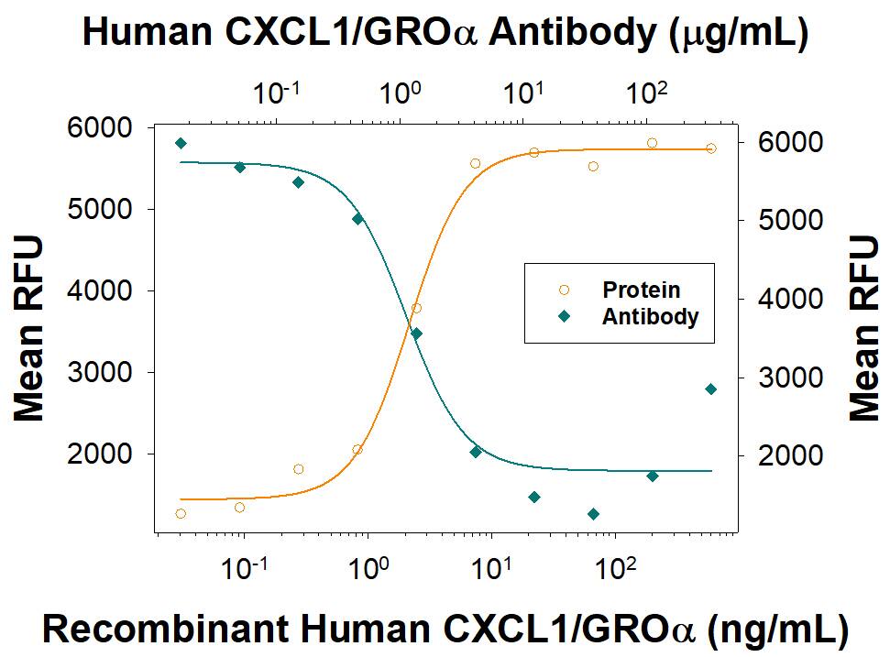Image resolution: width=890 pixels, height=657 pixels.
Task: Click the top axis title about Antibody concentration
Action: (x=445, y=32)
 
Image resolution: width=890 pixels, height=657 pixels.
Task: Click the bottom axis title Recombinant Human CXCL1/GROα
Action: (x=445, y=630)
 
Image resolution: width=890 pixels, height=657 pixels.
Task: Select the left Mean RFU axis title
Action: (x=29, y=328)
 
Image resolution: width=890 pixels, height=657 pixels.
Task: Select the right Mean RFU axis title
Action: (x=863, y=328)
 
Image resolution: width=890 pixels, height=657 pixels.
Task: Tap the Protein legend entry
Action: (x=641, y=290)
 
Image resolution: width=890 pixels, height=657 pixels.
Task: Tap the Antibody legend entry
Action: (x=650, y=317)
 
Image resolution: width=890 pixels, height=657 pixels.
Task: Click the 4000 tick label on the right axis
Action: (x=781, y=299)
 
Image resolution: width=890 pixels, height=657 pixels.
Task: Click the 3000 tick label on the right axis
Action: (x=781, y=378)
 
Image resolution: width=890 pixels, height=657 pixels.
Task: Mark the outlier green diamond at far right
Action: (x=710, y=389)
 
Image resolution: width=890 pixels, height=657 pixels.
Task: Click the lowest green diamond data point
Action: (x=593, y=514)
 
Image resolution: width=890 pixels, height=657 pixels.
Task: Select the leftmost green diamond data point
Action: (x=181, y=143)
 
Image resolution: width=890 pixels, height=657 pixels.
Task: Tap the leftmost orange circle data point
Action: (x=181, y=514)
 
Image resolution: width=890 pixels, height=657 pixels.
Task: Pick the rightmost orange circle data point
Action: (x=710, y=148)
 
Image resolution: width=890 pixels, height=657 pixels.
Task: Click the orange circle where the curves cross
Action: (x=416, y=308)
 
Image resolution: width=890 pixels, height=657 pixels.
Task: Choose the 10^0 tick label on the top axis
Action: (x=401, y=93)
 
